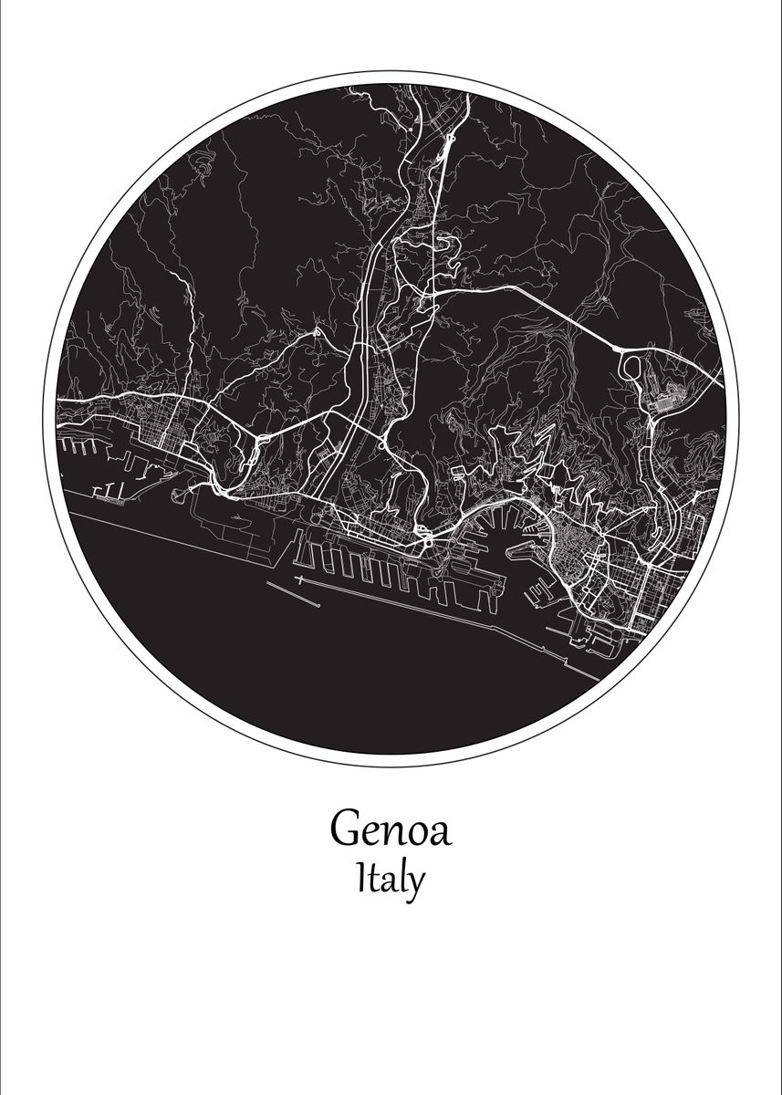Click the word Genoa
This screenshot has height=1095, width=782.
pos(391,829)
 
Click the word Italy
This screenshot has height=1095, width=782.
pos(391,881)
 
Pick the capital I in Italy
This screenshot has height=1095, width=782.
pos(363,879)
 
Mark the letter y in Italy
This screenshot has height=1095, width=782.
pos(415,885)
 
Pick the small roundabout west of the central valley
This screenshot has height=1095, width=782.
pos(317,333)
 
